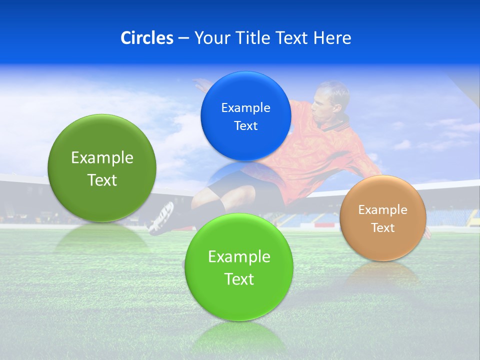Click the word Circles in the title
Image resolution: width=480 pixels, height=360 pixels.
(147, 38)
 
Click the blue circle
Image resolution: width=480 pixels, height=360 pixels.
(245, 116)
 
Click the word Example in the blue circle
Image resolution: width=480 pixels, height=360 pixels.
(245, 107)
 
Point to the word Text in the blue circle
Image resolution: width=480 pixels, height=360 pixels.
(245, 125)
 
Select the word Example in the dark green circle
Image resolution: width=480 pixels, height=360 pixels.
(102, 158)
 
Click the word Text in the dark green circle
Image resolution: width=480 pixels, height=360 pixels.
(102, 180)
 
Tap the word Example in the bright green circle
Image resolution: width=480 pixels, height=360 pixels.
(239, 257)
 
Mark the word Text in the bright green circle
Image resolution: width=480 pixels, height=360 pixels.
(239, 279)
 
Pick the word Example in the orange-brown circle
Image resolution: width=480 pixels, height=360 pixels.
(383, 209)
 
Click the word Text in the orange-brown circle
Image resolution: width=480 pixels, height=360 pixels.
(383, 228)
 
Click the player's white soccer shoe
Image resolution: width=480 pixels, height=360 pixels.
(161, 217)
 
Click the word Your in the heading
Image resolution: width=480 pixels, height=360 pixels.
(210, 38)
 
